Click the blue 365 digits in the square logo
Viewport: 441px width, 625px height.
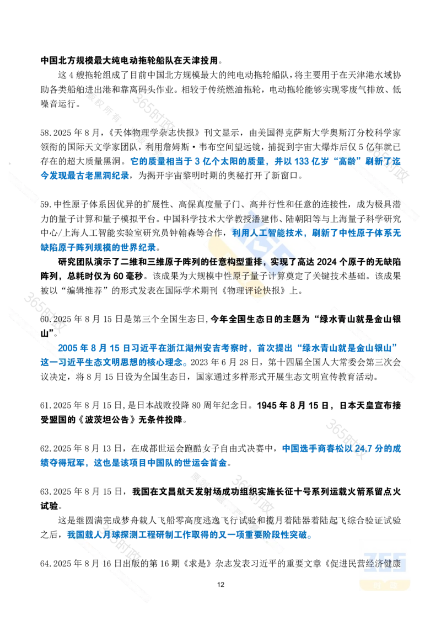pos(385,562)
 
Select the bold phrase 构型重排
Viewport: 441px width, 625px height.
pos(245,261)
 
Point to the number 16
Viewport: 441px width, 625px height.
pos(107,564)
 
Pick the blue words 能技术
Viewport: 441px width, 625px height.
pos(285,233)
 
